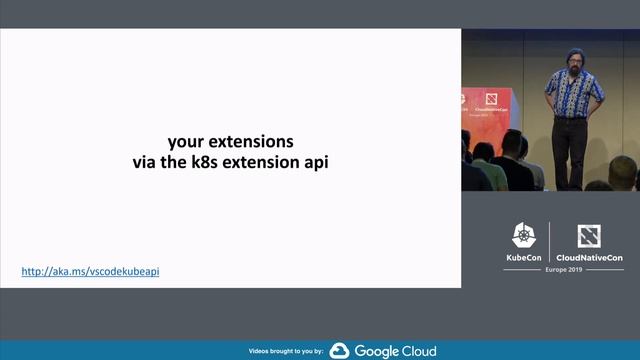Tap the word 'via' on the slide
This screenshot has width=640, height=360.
pyautogui.click(x=146, y=161)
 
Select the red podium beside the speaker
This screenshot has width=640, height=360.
pyautogui.click(x=490, y=110)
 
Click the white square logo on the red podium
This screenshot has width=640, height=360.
pyautogui.click(x=492, y=99)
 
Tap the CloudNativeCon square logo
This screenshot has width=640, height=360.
pyautogui.click(x=589, y=236)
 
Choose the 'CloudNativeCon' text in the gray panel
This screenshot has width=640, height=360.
pyautogui.click(x=589, y=258)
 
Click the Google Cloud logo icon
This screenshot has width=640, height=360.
pyautogui.click(x=339, y=350)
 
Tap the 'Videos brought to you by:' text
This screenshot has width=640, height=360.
pyautogui.click(x=286, y=351)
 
